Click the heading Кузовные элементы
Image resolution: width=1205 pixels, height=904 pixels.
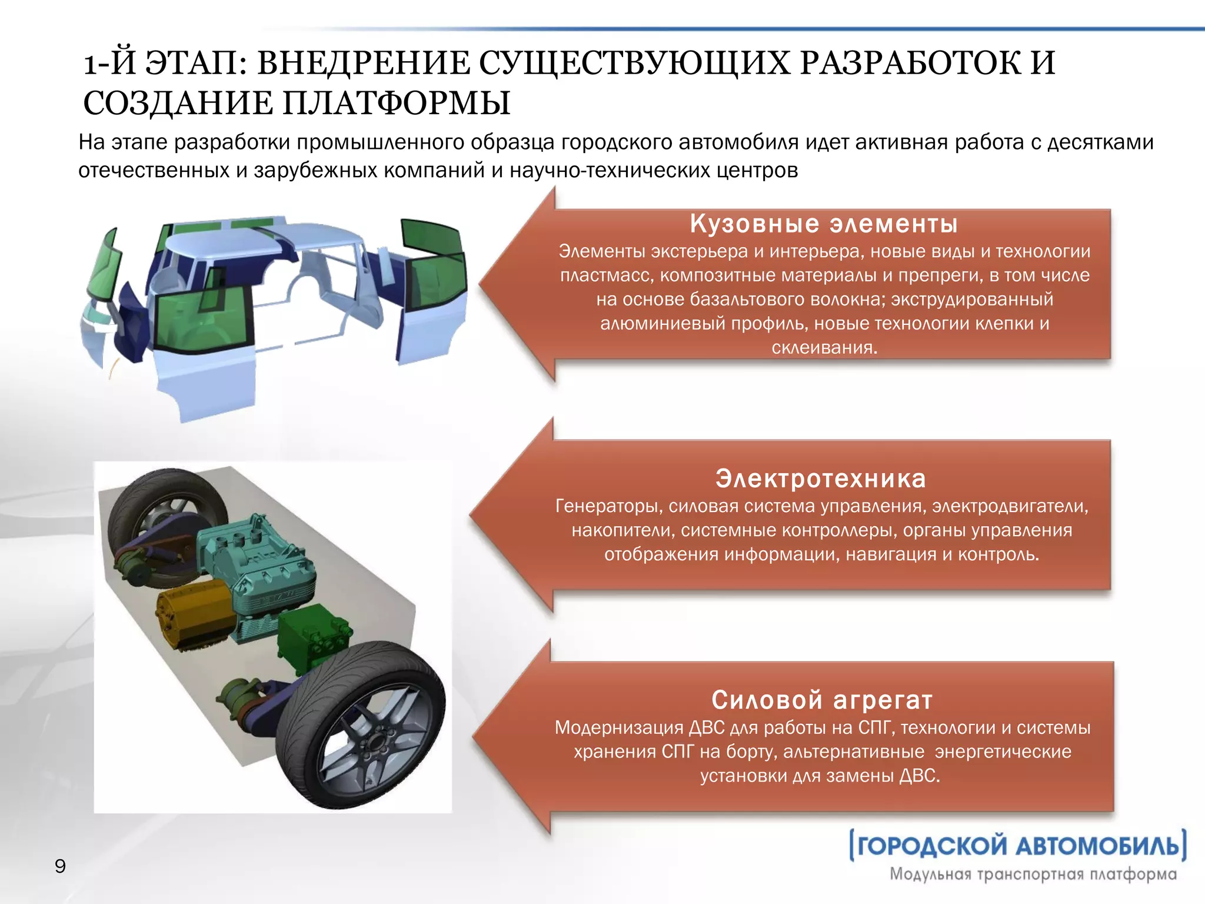(x=824, y=224)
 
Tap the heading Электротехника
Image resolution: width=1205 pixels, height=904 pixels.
(x=821, y=478)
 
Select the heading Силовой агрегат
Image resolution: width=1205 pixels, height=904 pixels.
(x=822, y=700)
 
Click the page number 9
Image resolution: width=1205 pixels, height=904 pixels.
(x=60, y=866)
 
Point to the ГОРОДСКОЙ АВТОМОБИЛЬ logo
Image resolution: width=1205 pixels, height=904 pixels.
(x=1018, y=846)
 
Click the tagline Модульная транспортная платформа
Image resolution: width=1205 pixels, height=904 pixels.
(x=1033, y=874)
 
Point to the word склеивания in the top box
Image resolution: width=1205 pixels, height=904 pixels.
(x=824, y=348)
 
